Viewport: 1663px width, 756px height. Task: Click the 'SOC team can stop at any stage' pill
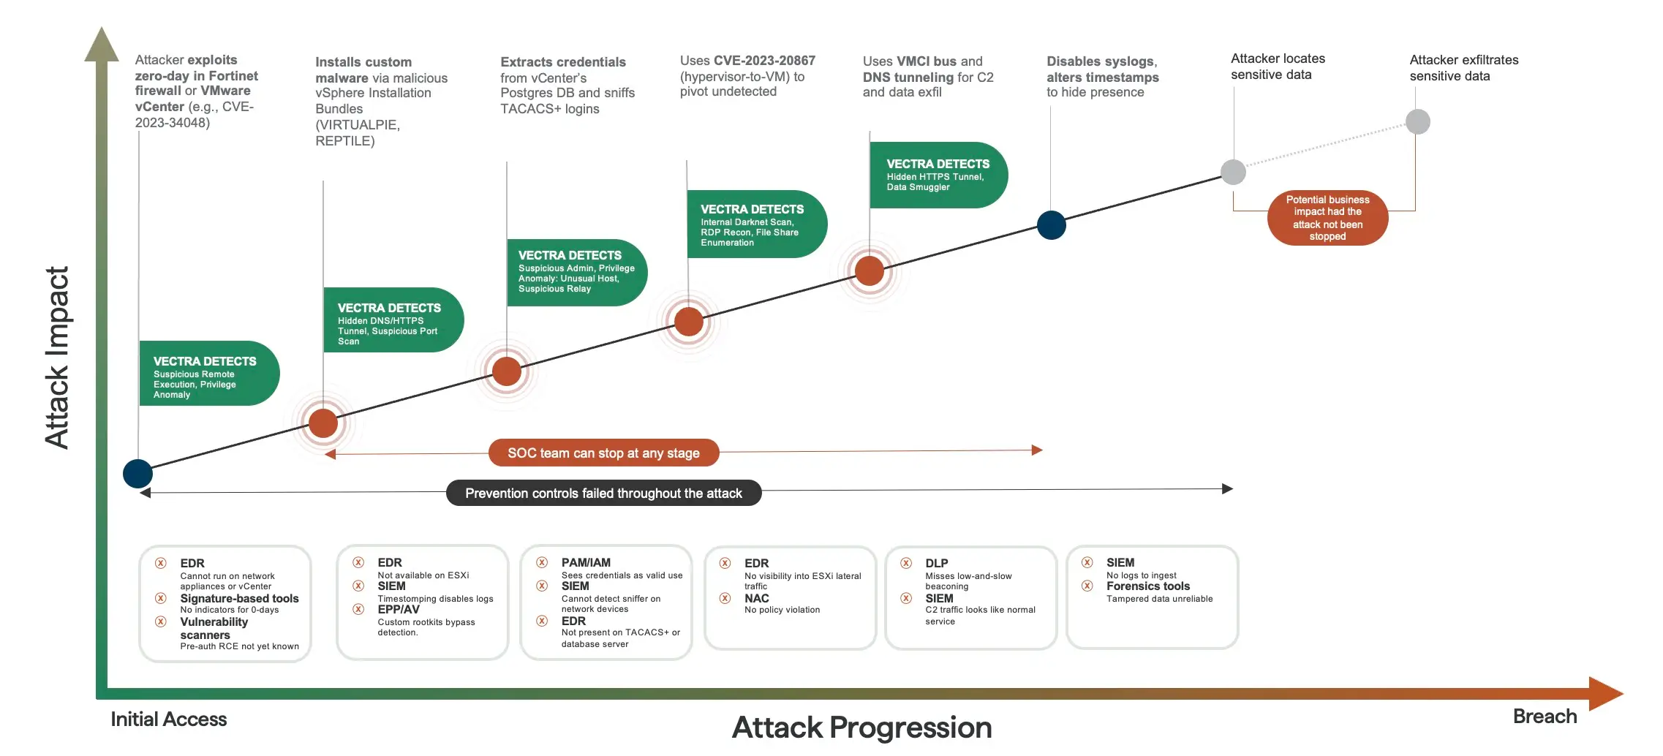pos(603,453)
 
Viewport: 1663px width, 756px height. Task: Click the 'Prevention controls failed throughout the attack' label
pos(603,493)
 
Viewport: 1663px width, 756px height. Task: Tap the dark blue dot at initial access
pos(137,474)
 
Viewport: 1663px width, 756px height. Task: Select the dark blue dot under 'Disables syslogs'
pos(1052,225)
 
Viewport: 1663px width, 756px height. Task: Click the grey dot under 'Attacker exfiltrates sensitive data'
pos(1417,121)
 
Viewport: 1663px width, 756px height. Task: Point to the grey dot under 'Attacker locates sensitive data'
pos(1233,172)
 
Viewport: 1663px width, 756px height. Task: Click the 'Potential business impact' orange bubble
pos(1327,218)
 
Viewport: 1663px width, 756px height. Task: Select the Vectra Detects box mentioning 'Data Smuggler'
pos(938,175)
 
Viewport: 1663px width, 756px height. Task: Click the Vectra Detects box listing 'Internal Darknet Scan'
pos(755,224)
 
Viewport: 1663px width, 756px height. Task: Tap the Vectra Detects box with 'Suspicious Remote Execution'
pos(208,373)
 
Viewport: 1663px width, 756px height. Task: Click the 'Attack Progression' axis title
pos(861,727)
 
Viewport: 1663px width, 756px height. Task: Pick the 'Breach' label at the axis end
pos(1544,717)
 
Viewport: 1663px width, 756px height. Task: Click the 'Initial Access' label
pos(168,719)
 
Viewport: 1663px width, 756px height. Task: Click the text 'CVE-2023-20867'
pos(764,61)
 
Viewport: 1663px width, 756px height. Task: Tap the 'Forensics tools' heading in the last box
pos(1147,586)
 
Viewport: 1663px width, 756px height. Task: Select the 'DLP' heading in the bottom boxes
pos(936,563)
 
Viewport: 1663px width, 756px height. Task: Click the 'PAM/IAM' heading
pos(585,562)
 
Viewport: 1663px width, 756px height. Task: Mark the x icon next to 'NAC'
pos(725,598)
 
